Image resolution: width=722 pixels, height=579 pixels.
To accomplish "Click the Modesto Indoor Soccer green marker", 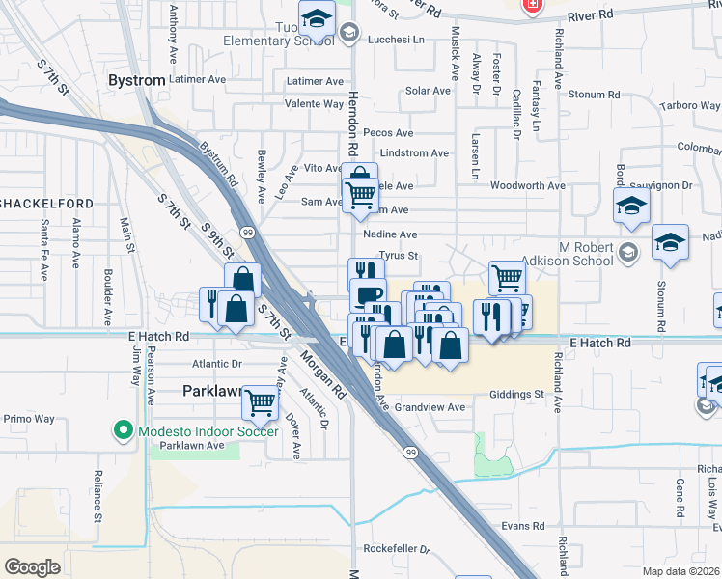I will (123, 429).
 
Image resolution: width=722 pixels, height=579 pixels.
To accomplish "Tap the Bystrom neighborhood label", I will (137, 80).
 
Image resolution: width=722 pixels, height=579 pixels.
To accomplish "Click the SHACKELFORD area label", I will (46, 203).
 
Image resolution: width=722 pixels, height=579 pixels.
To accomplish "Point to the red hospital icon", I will (531, 6).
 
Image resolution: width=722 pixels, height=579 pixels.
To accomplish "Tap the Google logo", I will (32, 566).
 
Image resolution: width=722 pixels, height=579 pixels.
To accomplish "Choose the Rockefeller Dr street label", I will (397, 548).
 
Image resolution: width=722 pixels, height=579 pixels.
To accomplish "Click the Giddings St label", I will (516, 394).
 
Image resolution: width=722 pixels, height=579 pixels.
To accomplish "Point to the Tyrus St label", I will (398, 256).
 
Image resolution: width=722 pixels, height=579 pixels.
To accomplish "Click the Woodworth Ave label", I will (527, 185).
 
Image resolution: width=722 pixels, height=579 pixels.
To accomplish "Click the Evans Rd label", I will (523, 526).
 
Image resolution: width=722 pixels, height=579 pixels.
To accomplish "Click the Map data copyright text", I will (682, 571).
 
